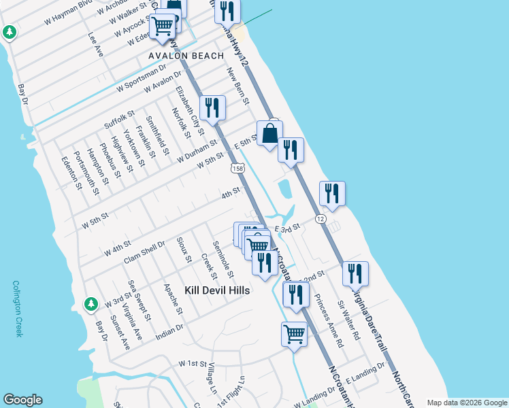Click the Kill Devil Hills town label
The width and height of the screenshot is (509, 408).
pyautogui.click(x=217, y=290)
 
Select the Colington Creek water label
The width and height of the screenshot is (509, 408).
pyautogui.click(x=18, y=309)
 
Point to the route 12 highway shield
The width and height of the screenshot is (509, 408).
pyautogui.click(x=321, y=218)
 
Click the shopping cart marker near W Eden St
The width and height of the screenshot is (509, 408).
pyautogui.click(x=163, y=27)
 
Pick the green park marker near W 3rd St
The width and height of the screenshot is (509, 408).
pyautogui.click(x=90, y=303)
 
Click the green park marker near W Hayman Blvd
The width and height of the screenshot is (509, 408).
pyautogui.click(x=10, y=32)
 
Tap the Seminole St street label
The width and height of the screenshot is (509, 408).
pyautogui.click(x=223, y=259)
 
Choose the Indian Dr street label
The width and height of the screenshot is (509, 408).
pyautogui.click(x=169, y=329)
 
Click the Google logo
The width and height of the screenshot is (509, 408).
pyautogui.click(x=23, y=400)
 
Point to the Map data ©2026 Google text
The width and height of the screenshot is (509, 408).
pyautogui.click(x=466, y=402)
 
